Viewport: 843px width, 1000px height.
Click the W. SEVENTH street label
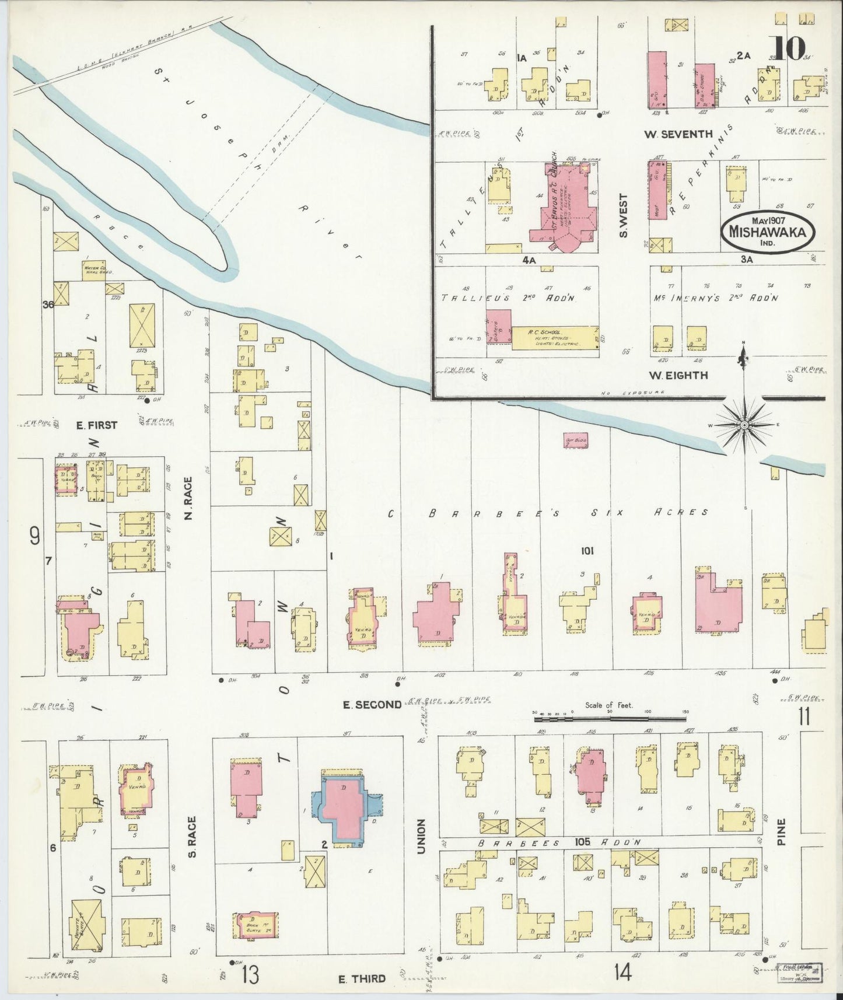tap(678, 134)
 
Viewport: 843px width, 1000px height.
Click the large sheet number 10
tap(787, 48)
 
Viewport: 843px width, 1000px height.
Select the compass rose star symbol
tap(744, 426)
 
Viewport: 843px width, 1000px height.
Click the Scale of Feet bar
tap(610, 716)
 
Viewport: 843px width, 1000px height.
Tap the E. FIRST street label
tap(97, 425)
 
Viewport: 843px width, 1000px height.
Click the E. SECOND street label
tap(372, 705)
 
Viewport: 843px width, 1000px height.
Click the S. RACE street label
tap(193, 837)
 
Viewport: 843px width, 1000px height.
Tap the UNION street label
tap(421, 836)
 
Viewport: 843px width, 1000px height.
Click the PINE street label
tap(781, 831)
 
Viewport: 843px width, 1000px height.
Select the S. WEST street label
tap(624, 215)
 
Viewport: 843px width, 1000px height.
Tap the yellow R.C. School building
tap(554, 338)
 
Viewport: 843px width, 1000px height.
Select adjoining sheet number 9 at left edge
tap(34, 535)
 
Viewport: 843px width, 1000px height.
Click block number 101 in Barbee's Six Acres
tap(587, 550)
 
